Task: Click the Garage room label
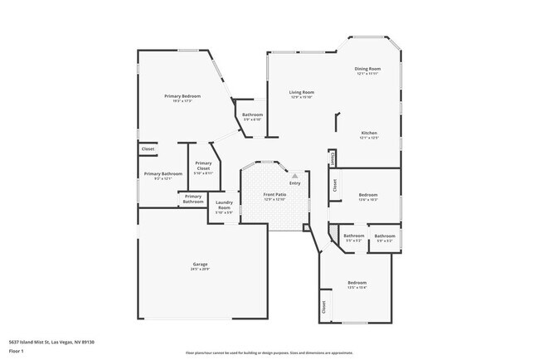(200, 264)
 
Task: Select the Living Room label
(301, 92)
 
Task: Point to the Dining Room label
(367, 68)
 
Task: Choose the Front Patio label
(274, 195)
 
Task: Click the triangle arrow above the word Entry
(294, 176)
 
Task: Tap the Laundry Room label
(224, 205)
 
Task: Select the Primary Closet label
(203, 166)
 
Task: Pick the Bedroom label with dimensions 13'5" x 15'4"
(357, 283)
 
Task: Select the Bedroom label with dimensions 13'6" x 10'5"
(367, 195)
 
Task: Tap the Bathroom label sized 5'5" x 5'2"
(354, 236)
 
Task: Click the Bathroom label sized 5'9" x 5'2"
(384, 236)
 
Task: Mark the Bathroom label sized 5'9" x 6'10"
(252, 114)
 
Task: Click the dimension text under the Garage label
(200, 270)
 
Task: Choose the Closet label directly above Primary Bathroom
(148, 148)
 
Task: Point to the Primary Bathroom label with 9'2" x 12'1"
(158, 174)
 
